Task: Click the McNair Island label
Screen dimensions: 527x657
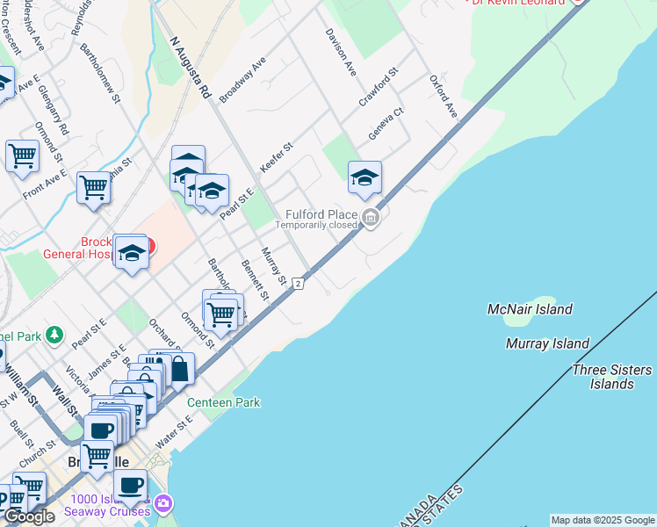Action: tap(530, 309)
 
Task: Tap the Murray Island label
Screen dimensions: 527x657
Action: tap(547, 343)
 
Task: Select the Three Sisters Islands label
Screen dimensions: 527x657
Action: tap(611, 377)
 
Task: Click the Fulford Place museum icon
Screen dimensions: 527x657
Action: tap(371, 218)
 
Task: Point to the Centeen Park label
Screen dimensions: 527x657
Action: tap(223, 402)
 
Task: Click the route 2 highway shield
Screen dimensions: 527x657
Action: tap(299, 283)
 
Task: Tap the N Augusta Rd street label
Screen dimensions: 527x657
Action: tap(191, 66)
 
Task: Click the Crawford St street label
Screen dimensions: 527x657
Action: tap(379, 86)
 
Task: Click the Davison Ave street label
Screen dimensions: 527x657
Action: tap(341, 51)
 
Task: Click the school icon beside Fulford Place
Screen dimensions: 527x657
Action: tap(365, 178)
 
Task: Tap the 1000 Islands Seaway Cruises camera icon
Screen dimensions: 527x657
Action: tap(162, 504)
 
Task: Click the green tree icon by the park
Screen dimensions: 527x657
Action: tap(54, 335)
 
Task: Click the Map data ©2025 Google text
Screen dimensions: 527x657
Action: tap(603, 520)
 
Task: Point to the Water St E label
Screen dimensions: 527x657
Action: tap(173, 431)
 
